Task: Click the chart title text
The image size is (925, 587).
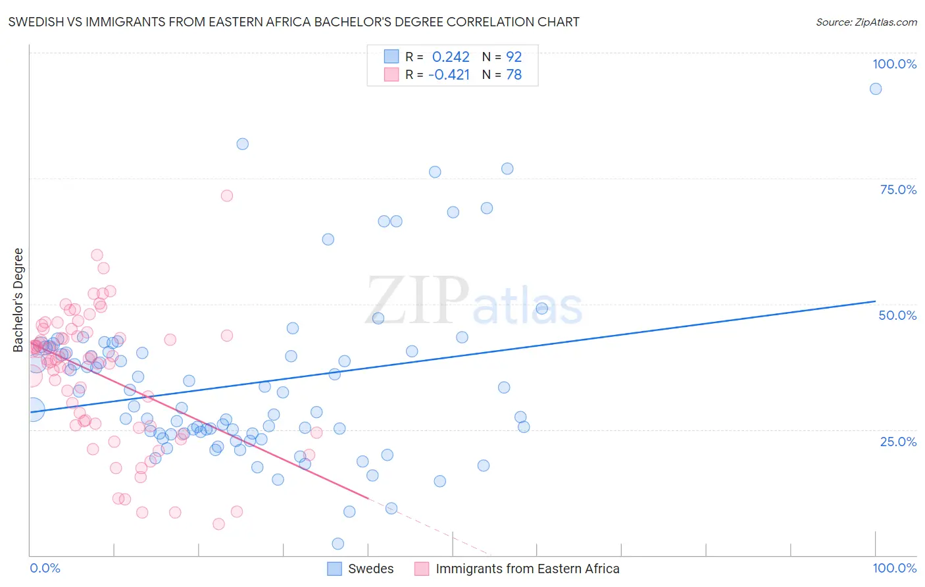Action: coord(294,22)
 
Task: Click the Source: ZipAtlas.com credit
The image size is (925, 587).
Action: coord(866,22)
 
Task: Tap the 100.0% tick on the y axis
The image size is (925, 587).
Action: coord(894,64)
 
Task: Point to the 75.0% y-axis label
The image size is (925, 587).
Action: coord(898,190)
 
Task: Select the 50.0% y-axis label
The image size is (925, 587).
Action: coord(897,315)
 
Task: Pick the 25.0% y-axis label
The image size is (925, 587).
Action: coord(898,441)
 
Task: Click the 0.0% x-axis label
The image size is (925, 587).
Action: coord(45,568)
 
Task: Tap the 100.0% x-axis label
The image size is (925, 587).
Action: coord(894,568)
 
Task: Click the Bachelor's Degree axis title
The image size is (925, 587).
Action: coord(18,300)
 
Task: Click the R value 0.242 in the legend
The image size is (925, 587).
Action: coord(451,57)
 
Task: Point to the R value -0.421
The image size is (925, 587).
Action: coord(449,75)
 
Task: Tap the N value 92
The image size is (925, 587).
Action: coord(514,57)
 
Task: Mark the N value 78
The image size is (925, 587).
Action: coord(514,75)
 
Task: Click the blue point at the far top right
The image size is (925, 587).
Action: coord(876,89)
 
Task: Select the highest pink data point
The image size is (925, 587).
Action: coord(227,195)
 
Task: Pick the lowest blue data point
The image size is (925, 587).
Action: coord(338,544)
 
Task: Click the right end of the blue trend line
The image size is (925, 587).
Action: coord(875,301)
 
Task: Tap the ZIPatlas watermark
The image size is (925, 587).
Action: coord(474,301)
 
